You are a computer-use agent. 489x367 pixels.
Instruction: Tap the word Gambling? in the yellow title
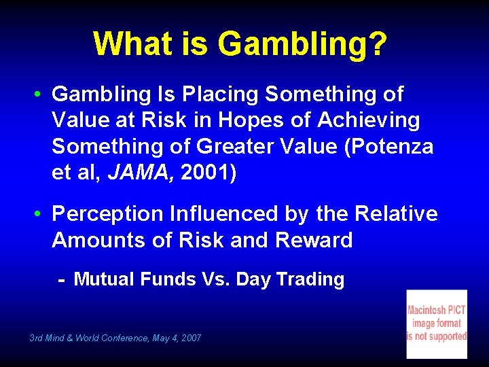click(x=303, y=45)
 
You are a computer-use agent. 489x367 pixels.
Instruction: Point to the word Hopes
click(x=270, y=120)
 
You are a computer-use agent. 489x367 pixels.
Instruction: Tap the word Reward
click(x=314, y=240)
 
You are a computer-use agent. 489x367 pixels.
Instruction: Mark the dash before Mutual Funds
click(x=61, y=279)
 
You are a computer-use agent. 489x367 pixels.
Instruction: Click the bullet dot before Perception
click(x=41, y=214)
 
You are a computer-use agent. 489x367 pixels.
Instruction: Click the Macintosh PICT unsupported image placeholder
click(x=437, y=324)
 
